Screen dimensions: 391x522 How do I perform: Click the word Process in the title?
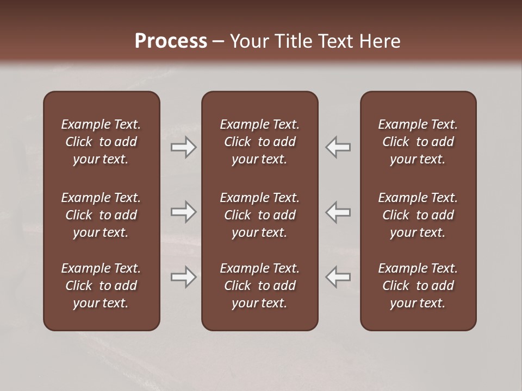point(171,41)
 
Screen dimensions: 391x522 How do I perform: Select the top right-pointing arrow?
point(184,147)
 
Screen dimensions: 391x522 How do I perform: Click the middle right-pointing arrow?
point(184,212)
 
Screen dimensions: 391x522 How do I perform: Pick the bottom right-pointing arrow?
point(184,277)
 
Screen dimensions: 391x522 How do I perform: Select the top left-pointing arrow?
point(338,147)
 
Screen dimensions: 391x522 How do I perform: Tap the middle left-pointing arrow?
point(338,212)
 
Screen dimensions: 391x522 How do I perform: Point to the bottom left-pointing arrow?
point(338,277)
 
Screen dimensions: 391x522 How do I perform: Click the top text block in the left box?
point(101,142)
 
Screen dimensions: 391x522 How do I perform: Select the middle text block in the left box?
point(101,215)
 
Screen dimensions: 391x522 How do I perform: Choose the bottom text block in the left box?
point(101,286)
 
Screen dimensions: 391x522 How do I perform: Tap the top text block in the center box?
point(259,142)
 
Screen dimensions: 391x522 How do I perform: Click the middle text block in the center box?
point(259,215)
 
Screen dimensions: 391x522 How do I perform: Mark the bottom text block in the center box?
point(259,286)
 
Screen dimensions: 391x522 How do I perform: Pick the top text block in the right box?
point(418,142)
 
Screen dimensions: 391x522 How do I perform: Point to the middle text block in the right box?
point(418,215)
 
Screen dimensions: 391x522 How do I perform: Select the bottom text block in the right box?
point(418,286)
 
